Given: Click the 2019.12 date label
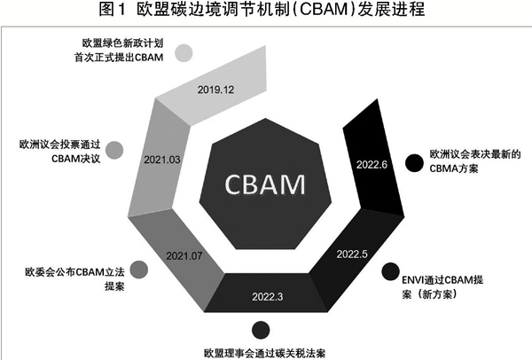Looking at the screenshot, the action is (x=215, y=90).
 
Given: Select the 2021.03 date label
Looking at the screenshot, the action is (x=162, y=160).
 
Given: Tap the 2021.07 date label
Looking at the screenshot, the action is (x=184, y=256).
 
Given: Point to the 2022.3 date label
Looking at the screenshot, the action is (x=268, y=297).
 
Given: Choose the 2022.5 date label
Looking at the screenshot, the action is (x=352, y=254).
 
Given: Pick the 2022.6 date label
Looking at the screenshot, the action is (x=372, y=165).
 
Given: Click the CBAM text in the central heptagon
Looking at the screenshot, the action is (x=265, y=184).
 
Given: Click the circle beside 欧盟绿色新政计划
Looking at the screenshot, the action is (x=184, y=53).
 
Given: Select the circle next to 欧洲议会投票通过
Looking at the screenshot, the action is (x=114, y=151).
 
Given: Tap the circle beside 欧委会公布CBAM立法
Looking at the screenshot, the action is (x=139, y=270).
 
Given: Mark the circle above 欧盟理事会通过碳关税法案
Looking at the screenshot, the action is (x=261, y=330).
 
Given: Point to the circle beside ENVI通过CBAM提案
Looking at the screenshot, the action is (x=390, y=271).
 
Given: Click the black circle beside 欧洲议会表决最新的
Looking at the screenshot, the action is (x=414, y=162).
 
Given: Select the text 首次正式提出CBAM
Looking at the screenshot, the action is (x=119, y=58).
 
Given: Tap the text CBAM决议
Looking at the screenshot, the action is (x=76, y=159).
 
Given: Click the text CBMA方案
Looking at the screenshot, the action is (x=454, y=168).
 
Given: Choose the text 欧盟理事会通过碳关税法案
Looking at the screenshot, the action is (x=264, y=353).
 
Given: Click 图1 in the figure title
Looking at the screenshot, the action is (x=113, y=9).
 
